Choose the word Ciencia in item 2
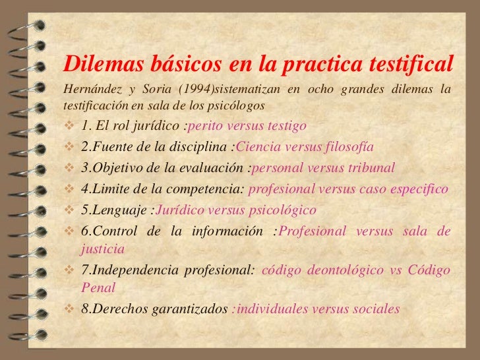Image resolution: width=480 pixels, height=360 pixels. pyautogui.click(x=258, y=146)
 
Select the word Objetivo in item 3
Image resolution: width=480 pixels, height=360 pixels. pyautogui.click(x=116, y=167)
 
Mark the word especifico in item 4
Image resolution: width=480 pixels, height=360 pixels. pyautogui.click(x=416, y=189)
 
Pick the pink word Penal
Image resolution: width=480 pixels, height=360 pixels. pyautogui.click(x=98, y=287)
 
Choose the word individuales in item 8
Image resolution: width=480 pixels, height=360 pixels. pyautogui.click(x=272, y=309)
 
